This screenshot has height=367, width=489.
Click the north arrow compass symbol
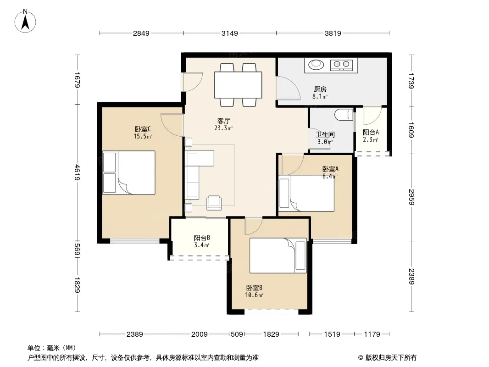tap(25, 21)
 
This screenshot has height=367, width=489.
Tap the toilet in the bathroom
tap(344, 114)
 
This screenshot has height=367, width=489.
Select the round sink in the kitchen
tap(316, 65)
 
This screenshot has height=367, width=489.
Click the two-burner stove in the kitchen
tap(341, 65)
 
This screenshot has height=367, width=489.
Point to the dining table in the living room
tap(238, 85)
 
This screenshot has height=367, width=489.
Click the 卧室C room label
tap(143, 129)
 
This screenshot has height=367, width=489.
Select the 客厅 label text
tap(223, 121)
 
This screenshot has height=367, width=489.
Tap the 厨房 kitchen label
tap(320, 89)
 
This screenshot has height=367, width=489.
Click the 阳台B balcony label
tap(202, 238)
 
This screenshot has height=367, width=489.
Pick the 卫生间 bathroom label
tap(325, 135)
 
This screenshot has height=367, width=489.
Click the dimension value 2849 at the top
tap(141, 33)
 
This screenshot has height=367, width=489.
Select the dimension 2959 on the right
tap(411, 197)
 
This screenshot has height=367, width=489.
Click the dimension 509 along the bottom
tap(237, 334)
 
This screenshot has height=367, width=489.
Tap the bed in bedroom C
tap(129, 173)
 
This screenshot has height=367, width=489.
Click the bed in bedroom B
tap(278, 256)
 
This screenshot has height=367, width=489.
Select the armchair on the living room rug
tap(214, 203)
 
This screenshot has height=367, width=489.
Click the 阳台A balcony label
tap(371, 133)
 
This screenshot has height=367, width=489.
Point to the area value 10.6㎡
tap(254, 295)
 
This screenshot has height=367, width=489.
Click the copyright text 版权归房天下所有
tap(391, 358)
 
